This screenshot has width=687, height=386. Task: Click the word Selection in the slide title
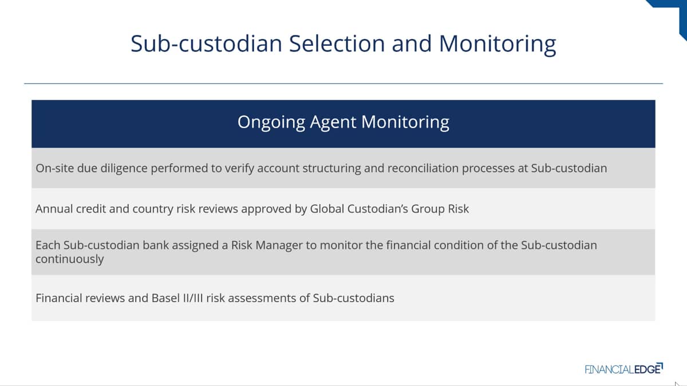(337, 43)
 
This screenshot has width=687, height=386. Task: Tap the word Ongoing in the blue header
(271, 122)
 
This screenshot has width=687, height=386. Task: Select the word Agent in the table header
(333, 122)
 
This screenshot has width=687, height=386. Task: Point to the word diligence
(124, 169)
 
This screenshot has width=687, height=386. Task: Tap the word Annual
(54, 209)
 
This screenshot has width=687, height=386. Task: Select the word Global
(327, 209)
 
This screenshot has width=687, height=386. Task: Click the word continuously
(70, 259)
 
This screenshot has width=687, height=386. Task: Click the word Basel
(165, 298)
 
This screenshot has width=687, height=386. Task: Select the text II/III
(193, 298)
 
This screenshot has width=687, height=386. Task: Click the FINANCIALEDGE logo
(623, 368)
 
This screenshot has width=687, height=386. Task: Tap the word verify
(239, 169)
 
